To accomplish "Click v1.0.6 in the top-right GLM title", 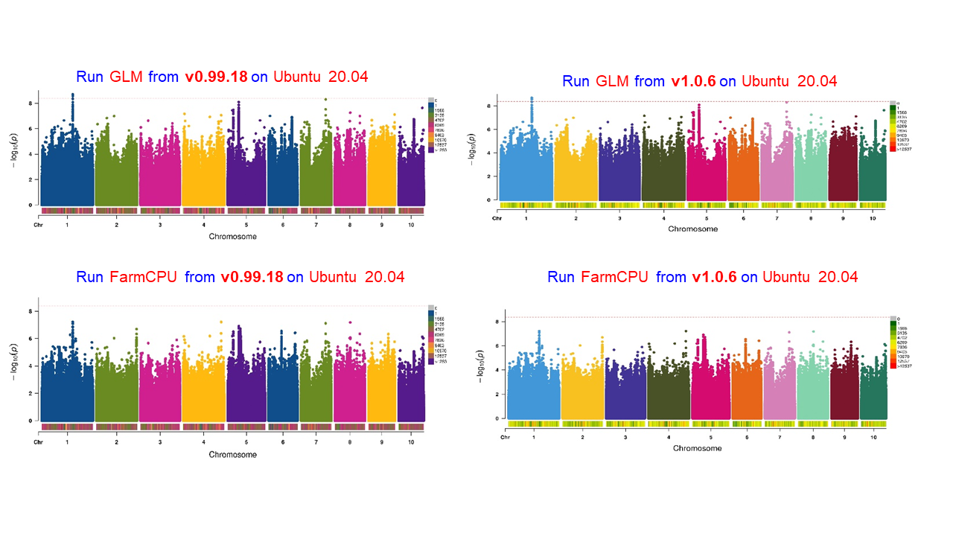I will pyautogui.click(x=693, y=81).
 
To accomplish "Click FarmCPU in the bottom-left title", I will pyautogui.click(x=142, y=277).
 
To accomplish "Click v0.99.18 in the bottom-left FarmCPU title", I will pyautogui.click(x=252, y=277).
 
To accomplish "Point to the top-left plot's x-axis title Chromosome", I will pyautogui.click(x=233, y=237).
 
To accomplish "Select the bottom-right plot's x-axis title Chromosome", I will pyautogui.click(x=697, y=448).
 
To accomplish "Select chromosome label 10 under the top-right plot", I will pyautogui.click(x=872, y=218).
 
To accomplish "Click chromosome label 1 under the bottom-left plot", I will pyautogui.click(x=68, y=442).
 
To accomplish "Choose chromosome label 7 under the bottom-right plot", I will pyautogui.click(x=780, y=437).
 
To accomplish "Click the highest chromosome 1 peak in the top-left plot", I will pyautogui.click(x=72, y=95).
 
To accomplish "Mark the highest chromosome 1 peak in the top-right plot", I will pyautogui.click(x=532, y=98).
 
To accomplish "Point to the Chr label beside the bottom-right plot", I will pyautogui.click(x=505, y=437).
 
